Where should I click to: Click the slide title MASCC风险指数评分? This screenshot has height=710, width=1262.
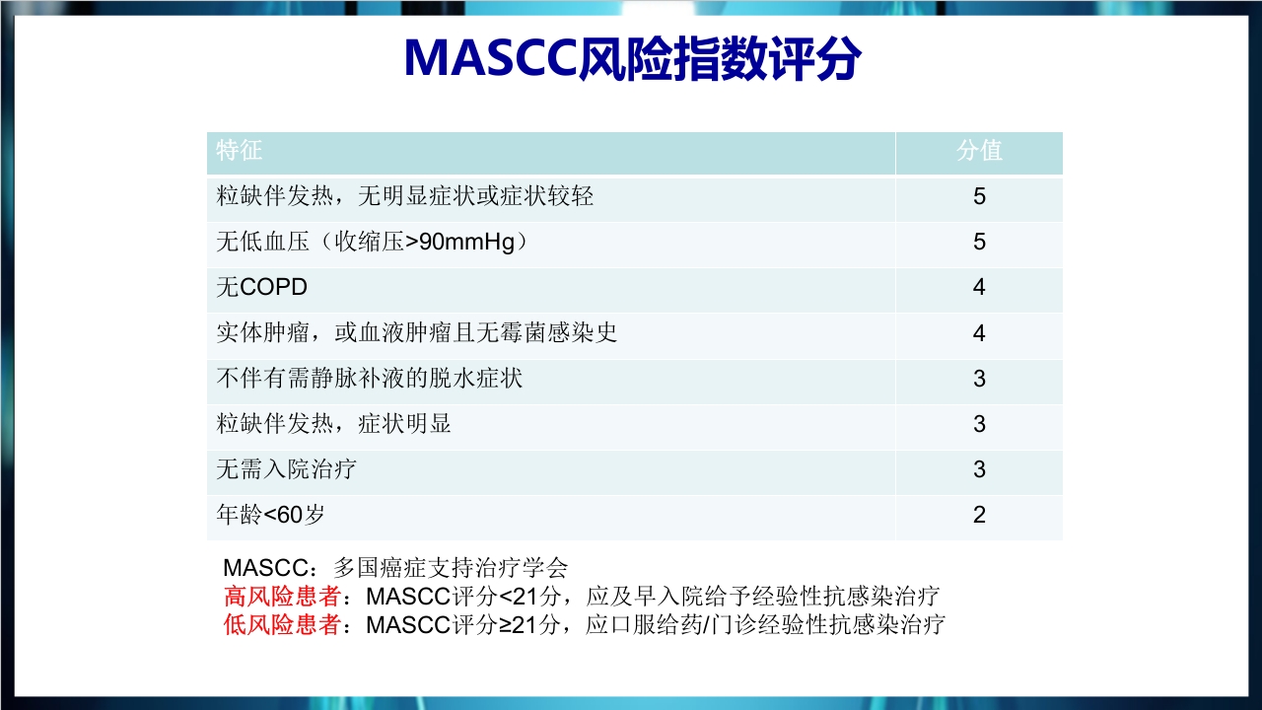632,60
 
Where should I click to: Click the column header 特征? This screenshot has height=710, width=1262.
240,151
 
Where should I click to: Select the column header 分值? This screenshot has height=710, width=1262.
979,151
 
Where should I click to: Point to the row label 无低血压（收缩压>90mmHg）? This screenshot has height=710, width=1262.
372,243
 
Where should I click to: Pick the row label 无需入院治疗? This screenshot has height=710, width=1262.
286,469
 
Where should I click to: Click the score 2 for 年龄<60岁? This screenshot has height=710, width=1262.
979,515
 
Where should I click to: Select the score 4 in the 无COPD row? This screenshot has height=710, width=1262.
979,288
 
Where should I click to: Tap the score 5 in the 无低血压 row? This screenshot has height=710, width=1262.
979,243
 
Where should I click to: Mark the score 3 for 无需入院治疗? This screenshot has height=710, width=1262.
979,469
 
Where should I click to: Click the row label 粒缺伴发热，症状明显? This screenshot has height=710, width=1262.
333,424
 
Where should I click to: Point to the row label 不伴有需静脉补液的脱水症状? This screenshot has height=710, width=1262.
369,379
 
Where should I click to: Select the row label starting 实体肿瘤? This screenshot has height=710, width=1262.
416,333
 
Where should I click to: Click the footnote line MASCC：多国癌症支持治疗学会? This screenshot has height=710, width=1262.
395,568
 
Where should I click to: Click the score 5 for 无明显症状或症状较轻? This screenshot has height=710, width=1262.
979,196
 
